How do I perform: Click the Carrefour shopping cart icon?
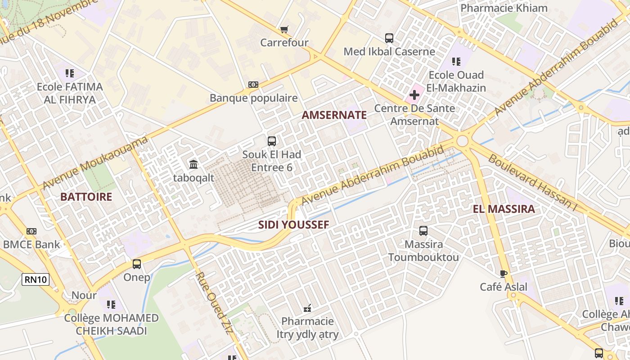[284, 30]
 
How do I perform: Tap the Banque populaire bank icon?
[253, 85]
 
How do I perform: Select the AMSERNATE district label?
[334, 115]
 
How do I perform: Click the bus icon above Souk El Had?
[272, 141]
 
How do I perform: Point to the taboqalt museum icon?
[193, 164]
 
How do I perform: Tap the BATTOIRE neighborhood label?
[86, 197]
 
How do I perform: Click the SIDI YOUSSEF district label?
[293, 225]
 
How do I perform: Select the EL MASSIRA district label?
[504, 209]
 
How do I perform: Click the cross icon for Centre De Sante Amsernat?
[414, 95]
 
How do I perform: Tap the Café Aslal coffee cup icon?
[503, 274]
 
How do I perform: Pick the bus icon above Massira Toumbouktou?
[423, 231]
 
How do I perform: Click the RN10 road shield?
[36, 279]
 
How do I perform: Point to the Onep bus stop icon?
[137, 264]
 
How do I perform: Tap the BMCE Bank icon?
[31, 231]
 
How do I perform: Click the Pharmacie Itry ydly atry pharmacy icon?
[307, 308]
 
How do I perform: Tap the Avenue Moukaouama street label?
[95, 163]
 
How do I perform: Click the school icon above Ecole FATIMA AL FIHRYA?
[69, 73]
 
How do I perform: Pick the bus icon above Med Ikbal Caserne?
[389, 38]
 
